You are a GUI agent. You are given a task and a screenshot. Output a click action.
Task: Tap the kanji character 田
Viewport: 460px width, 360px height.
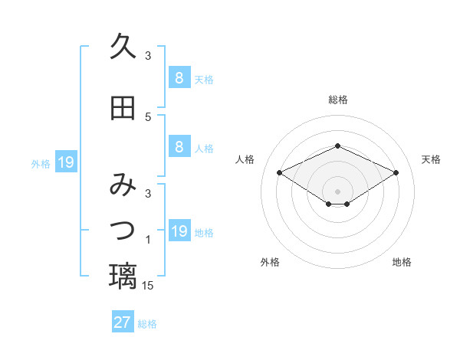123,108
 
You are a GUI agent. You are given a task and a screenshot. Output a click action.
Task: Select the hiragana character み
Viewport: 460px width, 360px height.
123,185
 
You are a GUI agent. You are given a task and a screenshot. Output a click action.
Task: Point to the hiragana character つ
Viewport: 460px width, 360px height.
123,229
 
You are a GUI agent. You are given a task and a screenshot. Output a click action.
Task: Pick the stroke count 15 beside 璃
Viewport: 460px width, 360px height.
149,286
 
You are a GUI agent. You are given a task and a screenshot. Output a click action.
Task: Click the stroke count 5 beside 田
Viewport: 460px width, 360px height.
149,117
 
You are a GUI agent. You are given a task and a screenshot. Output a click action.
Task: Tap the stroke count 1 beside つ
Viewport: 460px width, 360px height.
149,241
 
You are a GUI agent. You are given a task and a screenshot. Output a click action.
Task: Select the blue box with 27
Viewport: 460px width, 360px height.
123,322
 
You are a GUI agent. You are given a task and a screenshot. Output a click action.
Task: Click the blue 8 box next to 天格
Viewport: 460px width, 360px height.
179,77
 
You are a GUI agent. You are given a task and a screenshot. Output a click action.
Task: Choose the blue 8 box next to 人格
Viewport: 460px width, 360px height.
179,147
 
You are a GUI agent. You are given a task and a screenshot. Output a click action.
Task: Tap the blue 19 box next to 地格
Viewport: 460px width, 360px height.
179,231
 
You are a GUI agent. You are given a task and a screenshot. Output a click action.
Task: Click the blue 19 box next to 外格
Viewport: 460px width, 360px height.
65,162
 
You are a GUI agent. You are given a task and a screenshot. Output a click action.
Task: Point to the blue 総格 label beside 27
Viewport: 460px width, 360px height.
147,324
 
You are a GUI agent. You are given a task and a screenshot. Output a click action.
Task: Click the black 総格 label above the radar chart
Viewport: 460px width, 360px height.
338,100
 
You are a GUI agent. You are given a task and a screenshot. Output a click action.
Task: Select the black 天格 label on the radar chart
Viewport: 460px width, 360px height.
431,159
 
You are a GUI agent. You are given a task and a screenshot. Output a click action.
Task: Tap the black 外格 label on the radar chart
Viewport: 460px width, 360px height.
270,263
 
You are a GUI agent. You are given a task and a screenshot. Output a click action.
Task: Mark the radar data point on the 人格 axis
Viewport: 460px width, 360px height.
280,172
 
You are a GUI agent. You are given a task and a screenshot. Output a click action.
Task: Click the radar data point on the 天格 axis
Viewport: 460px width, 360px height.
396,172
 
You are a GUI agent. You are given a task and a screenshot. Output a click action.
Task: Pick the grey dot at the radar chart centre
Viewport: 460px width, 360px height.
337,191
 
